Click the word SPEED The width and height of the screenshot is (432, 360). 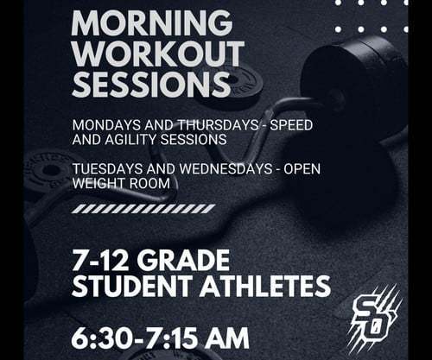tap(290, 124)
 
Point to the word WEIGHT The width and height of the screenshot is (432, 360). tap(99, 182)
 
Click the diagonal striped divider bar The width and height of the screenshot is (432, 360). tap(143, 208)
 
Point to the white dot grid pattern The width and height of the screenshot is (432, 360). tap(372, 16)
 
